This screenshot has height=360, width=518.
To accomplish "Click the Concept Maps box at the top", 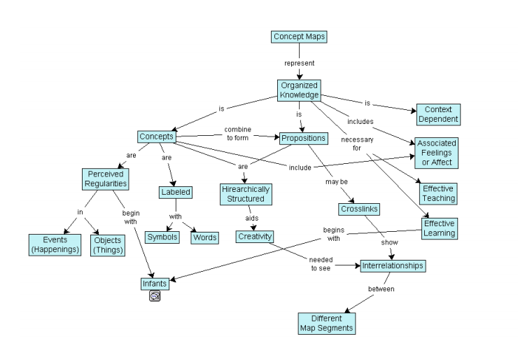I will (299, 36).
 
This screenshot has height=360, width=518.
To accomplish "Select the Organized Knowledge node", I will (299, 90).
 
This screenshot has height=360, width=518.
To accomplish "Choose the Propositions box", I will (303, 138).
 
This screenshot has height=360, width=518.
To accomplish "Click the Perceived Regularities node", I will (106, 179).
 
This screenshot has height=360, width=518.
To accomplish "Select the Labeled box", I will (174, 192).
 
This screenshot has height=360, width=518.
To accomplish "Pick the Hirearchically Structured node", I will (245, 193).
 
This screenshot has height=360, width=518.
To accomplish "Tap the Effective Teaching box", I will (439, 193).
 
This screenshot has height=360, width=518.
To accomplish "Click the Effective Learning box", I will (439, 228).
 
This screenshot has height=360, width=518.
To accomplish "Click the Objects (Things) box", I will (108, 244).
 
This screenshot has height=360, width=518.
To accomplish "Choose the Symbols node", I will (162, 237).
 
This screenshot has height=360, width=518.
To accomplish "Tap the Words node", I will (204, 237).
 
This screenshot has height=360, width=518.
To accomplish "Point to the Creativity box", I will (253, 237).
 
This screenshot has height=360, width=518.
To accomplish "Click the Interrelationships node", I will (393, 266).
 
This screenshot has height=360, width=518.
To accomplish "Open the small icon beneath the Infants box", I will (155, 296).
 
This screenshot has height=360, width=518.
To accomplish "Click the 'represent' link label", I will (299, 63).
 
